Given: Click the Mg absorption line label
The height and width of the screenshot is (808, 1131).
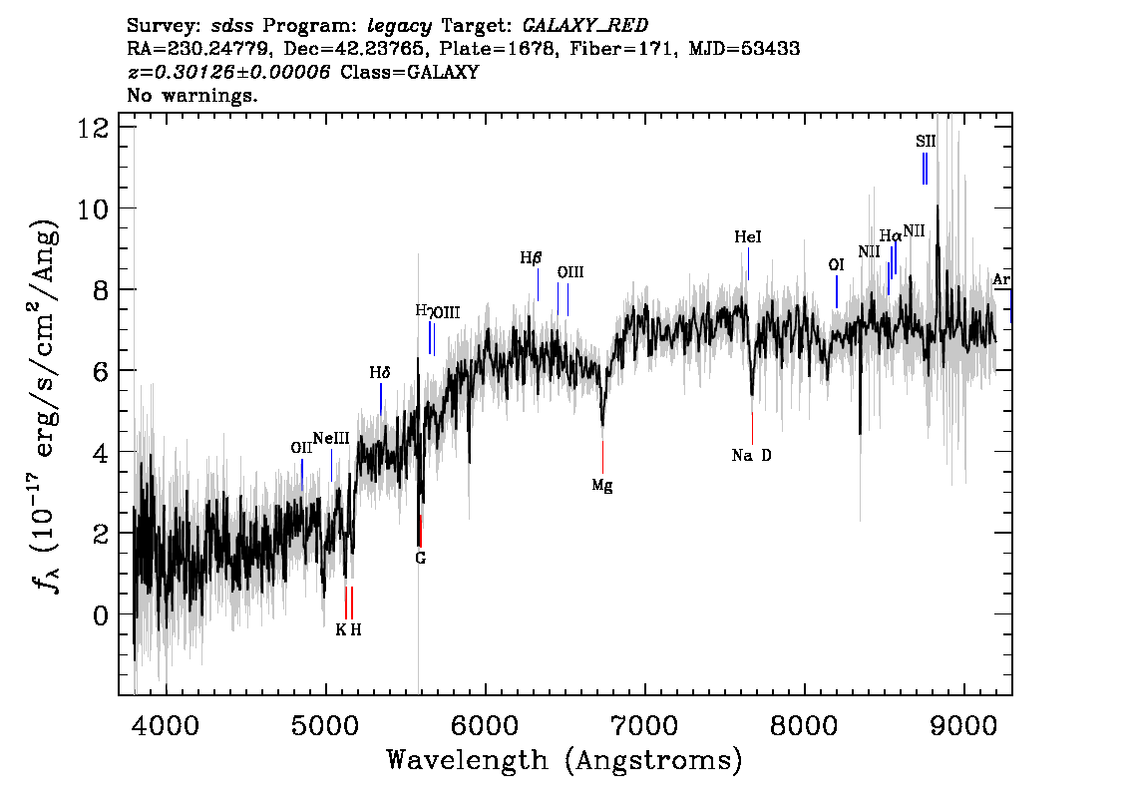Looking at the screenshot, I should click(x=601, y=486).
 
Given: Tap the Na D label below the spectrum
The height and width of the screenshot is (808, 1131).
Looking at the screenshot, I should click(x=751, y=456).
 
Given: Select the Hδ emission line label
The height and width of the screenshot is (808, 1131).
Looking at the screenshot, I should click(x=379, y=373).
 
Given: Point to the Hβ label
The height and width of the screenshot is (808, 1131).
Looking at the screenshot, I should click(x=531, y=257).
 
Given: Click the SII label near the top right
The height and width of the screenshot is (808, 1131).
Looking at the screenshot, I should click(x=926, y=142).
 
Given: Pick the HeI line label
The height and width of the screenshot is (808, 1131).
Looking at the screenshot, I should click(x=747, y=237).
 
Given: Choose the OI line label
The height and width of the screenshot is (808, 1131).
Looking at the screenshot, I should click(x=836, y=264).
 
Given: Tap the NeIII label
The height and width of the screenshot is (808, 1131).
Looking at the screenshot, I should click(x=330, y=439).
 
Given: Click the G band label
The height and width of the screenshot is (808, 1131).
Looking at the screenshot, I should click(x=420, y=558).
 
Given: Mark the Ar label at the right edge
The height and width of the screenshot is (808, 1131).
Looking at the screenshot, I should click(x=1001, y=280).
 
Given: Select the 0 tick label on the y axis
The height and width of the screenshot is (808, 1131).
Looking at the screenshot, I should click(x=99, y=615).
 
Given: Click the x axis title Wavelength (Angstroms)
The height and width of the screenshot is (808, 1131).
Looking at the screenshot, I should click(x=565, y=760).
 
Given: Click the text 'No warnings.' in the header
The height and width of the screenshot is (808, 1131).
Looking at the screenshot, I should click(x=192, y=96).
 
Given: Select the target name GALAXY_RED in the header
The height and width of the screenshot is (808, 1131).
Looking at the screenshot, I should click(x=578, y=24).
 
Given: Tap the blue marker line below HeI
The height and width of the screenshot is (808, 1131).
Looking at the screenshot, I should click(x=747, y=264).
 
